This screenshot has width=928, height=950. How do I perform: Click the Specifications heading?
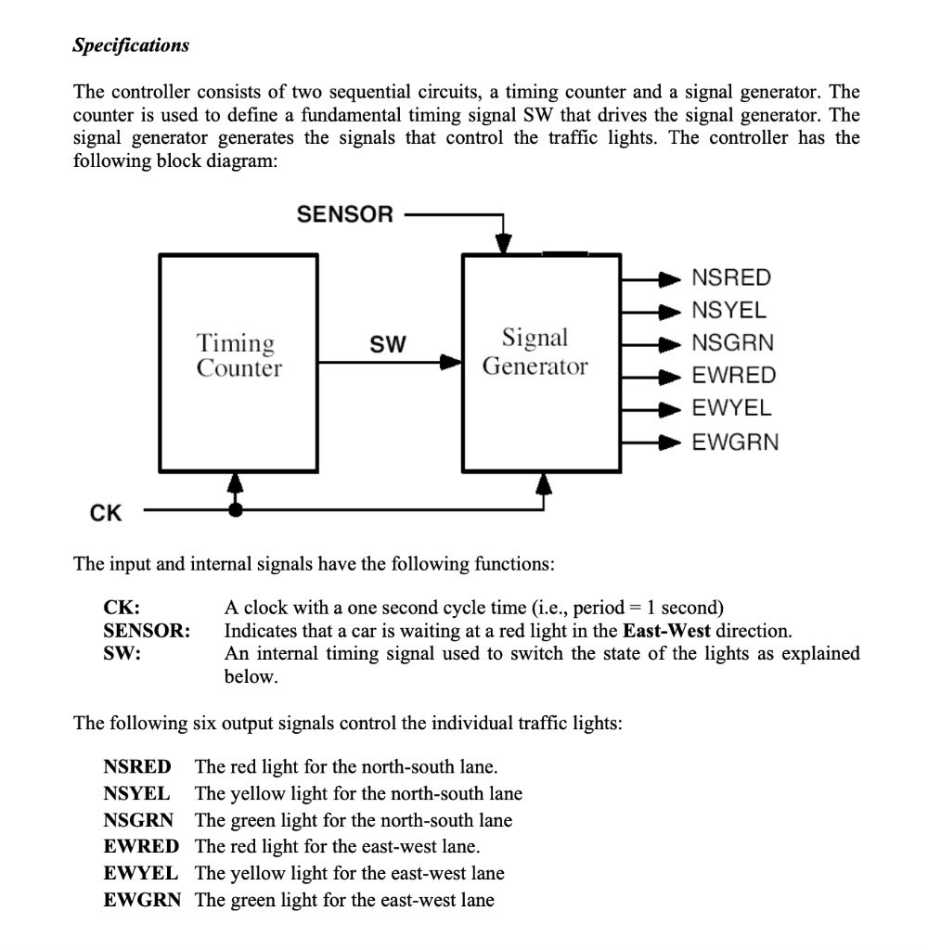[131, 45]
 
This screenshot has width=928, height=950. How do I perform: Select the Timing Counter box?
[238, 361]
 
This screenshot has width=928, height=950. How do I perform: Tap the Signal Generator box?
[541, 361]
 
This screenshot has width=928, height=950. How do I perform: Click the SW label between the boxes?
[388, 345]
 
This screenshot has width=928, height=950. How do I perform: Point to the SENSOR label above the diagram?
[345, 215]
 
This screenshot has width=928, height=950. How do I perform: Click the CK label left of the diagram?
[105, 511]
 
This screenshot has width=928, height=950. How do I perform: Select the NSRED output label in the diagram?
[732, 277]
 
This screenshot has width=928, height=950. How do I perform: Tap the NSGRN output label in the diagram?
[733, 343]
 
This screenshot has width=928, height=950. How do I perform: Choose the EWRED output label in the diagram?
[734, 376]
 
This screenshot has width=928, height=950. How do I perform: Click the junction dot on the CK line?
[237, 509]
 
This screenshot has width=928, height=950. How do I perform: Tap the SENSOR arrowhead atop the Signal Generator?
[502, 243]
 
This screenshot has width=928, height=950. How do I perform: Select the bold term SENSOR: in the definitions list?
[147, 632]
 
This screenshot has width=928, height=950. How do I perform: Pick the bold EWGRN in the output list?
[143, 899]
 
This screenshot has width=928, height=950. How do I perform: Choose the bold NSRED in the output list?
[138, 766]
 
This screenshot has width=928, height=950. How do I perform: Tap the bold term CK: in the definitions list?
[122, 609]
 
